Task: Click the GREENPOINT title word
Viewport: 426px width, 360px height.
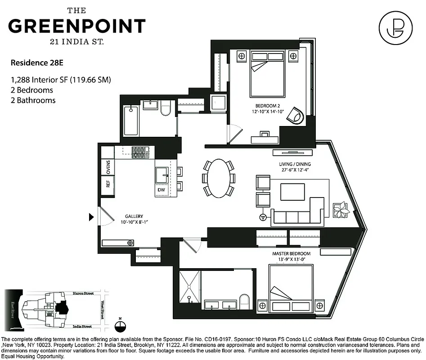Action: [x=77, y=26]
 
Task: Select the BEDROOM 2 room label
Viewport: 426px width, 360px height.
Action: [x=268, y=107]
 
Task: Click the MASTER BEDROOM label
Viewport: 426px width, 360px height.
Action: [x=288, y=254]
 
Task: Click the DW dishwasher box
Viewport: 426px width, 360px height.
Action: [x=161, y=190]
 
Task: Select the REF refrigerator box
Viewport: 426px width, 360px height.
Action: [x=108, y=184]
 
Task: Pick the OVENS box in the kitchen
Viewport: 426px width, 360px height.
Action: [x=108, y=166]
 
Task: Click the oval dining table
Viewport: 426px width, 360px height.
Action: [x=219, y=178]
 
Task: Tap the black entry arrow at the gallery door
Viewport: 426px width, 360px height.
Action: [x=91, y=218]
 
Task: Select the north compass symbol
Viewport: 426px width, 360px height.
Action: [x=119, y=328]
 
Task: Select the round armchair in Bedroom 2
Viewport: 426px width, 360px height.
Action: [x=297, y=115]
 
